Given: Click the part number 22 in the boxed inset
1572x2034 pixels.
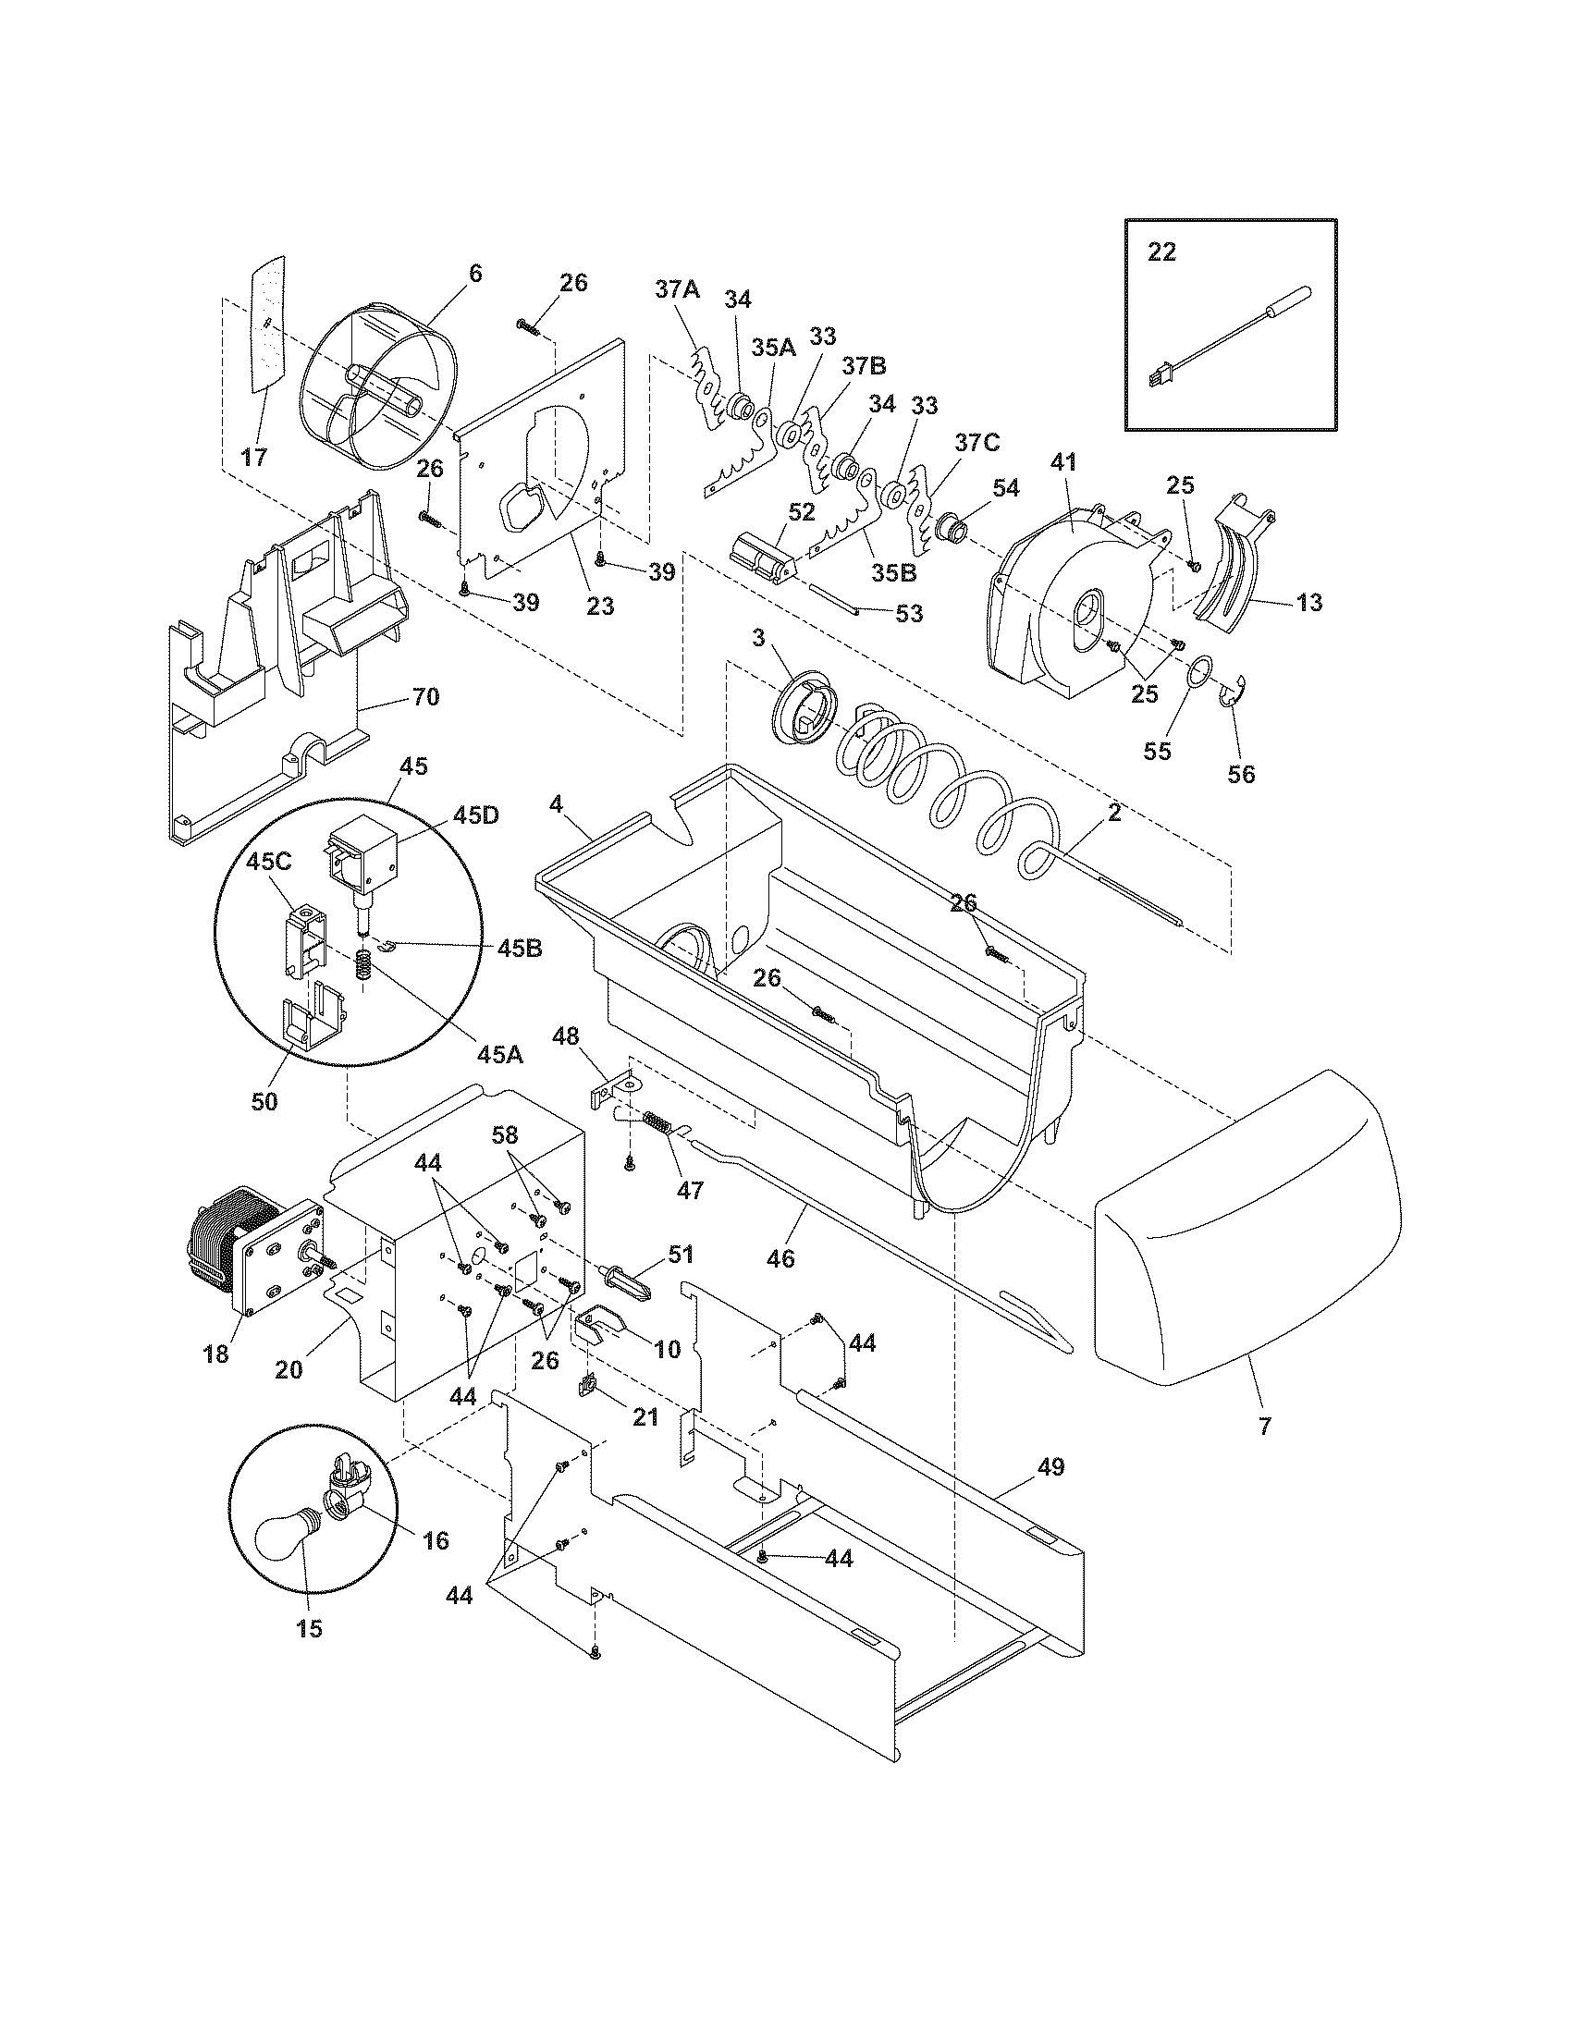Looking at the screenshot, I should (1161, 251).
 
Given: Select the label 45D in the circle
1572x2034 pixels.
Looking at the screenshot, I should (476, 815).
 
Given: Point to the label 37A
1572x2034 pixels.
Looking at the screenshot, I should (677, 289).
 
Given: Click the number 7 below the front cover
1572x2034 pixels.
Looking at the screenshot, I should (1264, 1426).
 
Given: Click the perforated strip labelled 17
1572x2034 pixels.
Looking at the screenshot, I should (267, 336).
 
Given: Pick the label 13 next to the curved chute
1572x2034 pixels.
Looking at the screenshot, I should (1308, 602).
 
